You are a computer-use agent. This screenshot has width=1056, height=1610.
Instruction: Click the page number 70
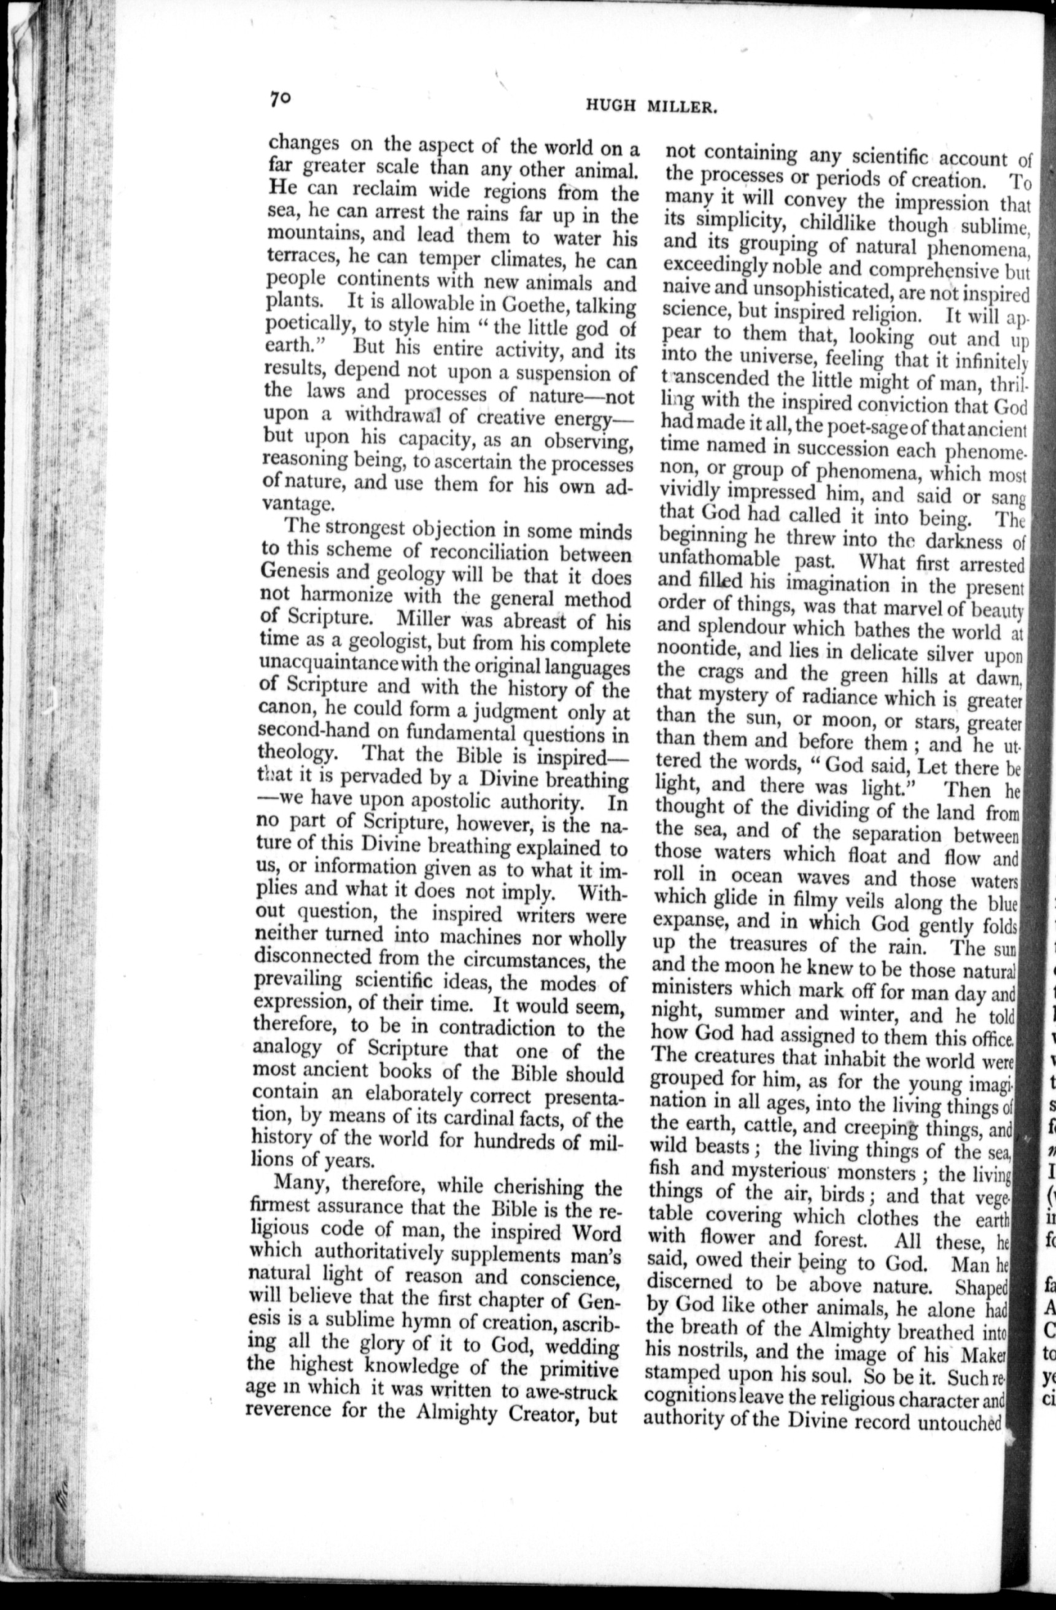coord(279,98)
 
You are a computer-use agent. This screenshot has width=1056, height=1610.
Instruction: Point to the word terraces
coord(304,257)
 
